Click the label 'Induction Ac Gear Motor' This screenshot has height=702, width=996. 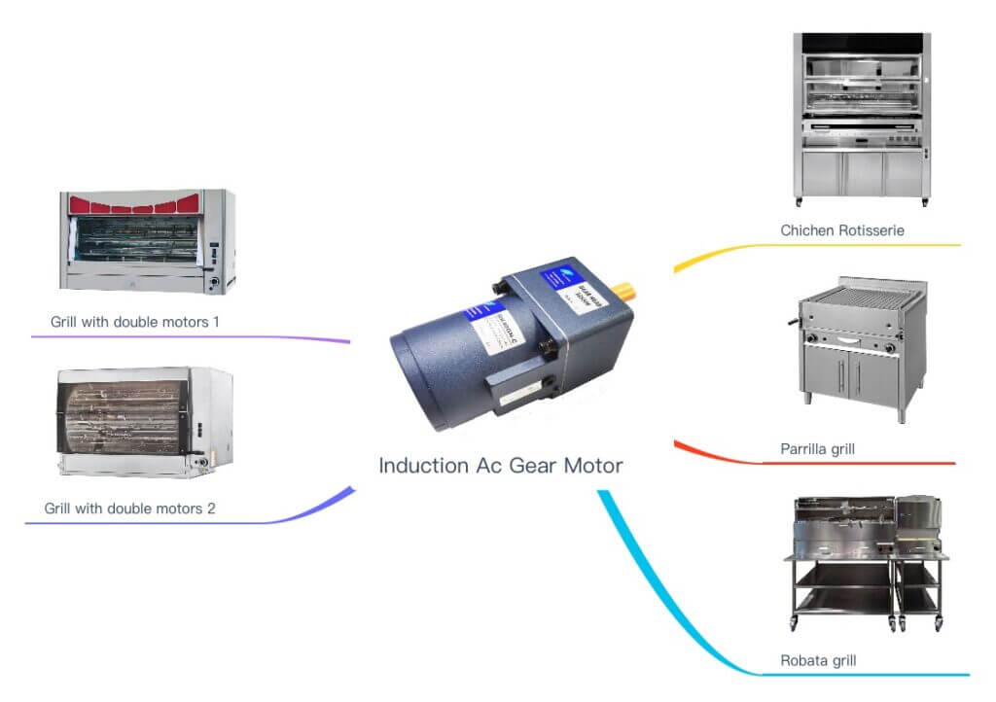click(x=500, y=466)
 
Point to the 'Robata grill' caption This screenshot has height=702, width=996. click(x=818, y=661)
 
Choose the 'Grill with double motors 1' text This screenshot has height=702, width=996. click(x=135, y=321)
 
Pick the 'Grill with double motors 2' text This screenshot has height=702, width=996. click(x=130, y=508)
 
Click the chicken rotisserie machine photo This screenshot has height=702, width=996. click(x=861, y=119)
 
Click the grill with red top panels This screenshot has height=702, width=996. click(x=147, y=241)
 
